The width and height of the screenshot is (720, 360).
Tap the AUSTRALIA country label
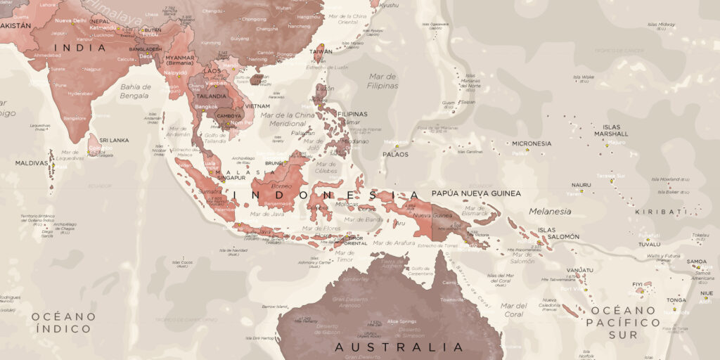[399, 347]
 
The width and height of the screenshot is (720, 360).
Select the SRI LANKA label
[114, 140]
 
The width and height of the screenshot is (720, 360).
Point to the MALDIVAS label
[32, 163]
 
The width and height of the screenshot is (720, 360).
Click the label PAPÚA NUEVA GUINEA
[476, 193]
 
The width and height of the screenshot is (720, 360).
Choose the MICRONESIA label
[532, 143]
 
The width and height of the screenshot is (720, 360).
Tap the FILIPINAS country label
[352, 114]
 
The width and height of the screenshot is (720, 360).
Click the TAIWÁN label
[321, 51]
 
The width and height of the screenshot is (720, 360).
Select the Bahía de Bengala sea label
[135, 91]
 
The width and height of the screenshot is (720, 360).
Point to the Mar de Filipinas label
[382, 81]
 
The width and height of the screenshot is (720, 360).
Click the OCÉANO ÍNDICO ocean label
[62, 322]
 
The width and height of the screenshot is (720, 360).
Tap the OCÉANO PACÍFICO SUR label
[625, 322]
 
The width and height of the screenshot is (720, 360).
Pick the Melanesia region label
[550, 211]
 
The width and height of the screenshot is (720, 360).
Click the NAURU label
[581, 185]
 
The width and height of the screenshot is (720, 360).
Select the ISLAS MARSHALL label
[611, 130]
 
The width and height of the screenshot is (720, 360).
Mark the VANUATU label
[580, 270]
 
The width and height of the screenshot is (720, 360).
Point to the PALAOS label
[395, 154]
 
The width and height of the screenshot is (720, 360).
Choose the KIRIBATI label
[660, 212]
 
